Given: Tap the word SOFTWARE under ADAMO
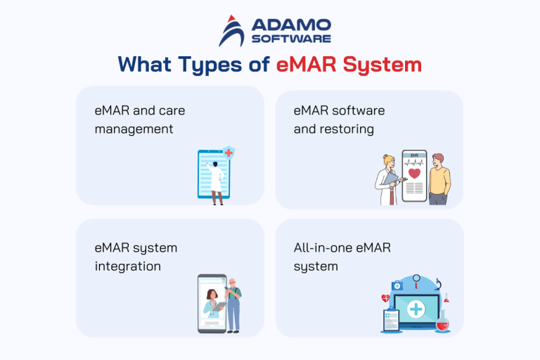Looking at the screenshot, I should point(288,39).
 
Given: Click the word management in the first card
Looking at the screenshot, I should point(134,129).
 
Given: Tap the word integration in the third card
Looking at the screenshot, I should point(127,266).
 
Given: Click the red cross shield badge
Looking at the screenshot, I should point(229,153).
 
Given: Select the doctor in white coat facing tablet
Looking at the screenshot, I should point(217,182).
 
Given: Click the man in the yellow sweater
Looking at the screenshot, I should point(439,179).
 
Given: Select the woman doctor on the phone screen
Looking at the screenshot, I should point(213,308).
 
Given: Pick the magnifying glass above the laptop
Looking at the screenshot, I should point(418,281).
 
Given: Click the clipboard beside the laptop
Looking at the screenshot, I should point(390,321).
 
